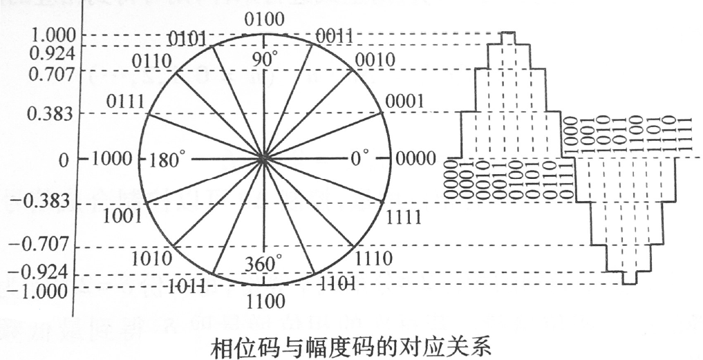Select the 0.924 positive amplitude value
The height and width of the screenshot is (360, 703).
52,51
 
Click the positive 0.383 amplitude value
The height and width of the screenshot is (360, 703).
52,113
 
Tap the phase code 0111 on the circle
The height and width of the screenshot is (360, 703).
125,102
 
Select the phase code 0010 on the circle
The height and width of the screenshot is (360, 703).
375,59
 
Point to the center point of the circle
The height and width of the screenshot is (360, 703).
263,159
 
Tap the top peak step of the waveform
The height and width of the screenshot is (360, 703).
509,33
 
